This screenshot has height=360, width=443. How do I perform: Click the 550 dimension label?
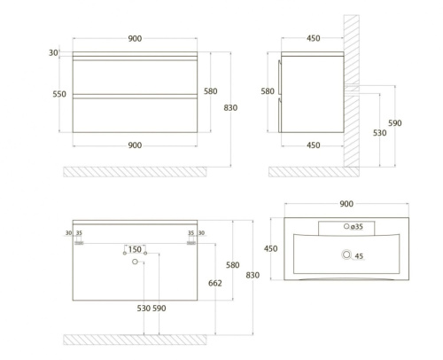coord(59,94)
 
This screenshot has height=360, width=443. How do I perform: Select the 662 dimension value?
coord(215,283)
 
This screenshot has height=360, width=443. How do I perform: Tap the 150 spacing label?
coord(135,249)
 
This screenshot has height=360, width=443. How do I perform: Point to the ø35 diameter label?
coord(356,227)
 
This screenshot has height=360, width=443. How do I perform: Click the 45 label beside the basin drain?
coord(359,256)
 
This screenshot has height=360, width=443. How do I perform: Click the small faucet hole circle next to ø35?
coord(346,226)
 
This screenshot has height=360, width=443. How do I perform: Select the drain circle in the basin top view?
coord(346,254)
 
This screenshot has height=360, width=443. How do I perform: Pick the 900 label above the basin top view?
coord(346,204)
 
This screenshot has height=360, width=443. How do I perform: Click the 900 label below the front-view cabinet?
coord(135,145)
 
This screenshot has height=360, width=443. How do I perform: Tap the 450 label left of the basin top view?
coord(271,248)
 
